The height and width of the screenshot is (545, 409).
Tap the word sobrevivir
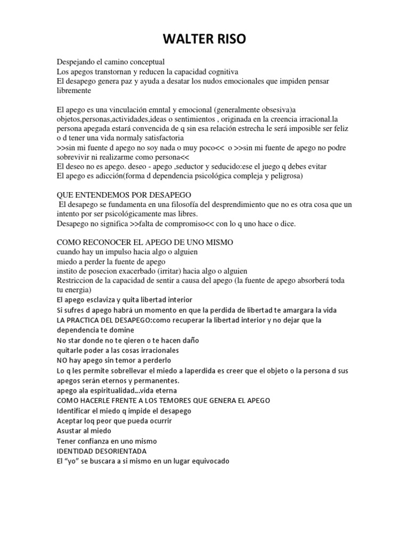(75, 157)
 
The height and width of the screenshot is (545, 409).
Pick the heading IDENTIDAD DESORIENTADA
(102, 451)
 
